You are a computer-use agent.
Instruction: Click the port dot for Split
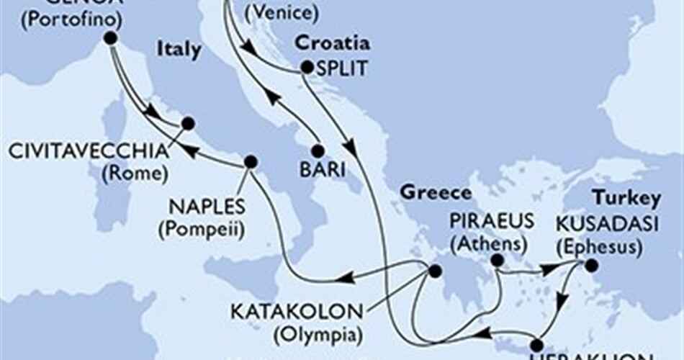point(307,68)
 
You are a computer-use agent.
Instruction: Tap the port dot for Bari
point(316,151)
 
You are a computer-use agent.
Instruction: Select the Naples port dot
point(251,161)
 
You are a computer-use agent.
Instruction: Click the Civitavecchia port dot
point(187,123)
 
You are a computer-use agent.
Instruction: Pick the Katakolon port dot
point(434,271)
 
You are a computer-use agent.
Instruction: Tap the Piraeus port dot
point(497,260)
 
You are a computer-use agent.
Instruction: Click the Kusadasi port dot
point(591,266)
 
